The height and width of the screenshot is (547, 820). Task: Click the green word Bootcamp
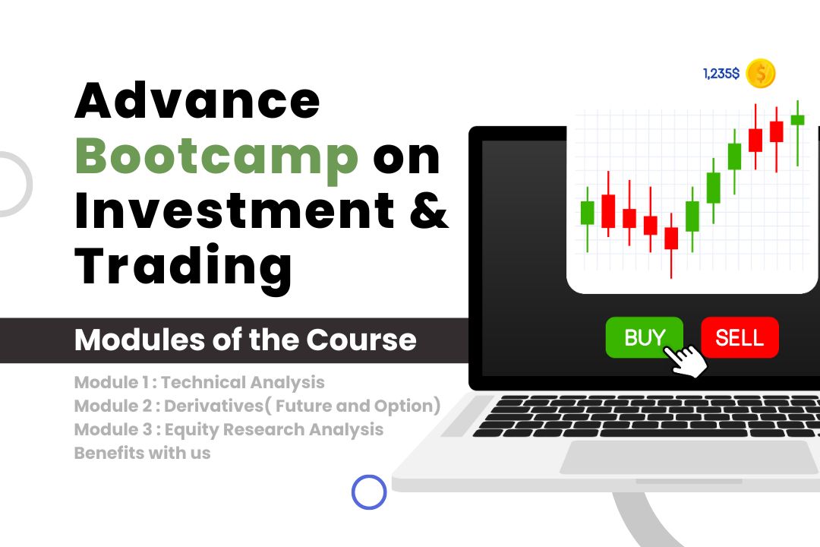pyautogui.click(x=216, y=157)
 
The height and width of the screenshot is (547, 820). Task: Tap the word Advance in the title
pyautogui.click(x=197, y=100)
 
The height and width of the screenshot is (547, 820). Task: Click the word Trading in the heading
pyautogui.click(x=183, y=269)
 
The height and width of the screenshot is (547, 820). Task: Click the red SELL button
pyautogui.click(x=740, y=337)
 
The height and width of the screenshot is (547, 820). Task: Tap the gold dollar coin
pyautogui.click(x=760, y=73)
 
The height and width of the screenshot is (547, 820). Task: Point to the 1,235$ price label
pyautogui.click(x=721, y=73)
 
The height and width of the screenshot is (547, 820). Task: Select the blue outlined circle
pyautogui.click(x=369, y=492)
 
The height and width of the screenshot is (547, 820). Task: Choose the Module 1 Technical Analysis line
pyautogui.click(x=199, y=383)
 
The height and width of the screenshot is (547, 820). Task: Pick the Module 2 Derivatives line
pyautogui.click(x=257, y=406)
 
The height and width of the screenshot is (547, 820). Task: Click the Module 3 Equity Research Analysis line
pyautogui.click(x=229, y=430)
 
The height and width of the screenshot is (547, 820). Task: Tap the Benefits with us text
pyautogui.click(x=142, y=453)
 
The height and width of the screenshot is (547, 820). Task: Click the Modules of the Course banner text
pyautogui.click(x=245, y=340)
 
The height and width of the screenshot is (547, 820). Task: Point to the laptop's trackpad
pyautogui.click(x=690, y=457)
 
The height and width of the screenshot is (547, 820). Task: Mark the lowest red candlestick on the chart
pyautogui.click(x=671, y=238)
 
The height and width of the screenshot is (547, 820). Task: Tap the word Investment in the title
pyautogui.click(x=235, y=211)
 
